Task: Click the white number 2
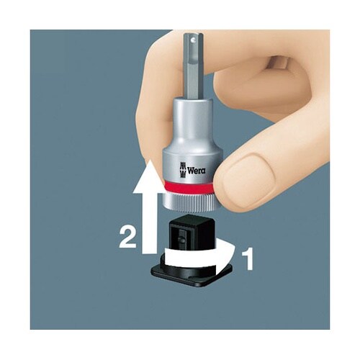pos(128,238)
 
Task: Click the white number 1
pos(247,259)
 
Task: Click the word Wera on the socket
pos(197,171)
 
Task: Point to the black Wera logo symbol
pos(182,170)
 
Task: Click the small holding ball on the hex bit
pos(193,38)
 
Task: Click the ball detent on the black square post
pos(182,240)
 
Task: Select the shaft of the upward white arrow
pos(148,223)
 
